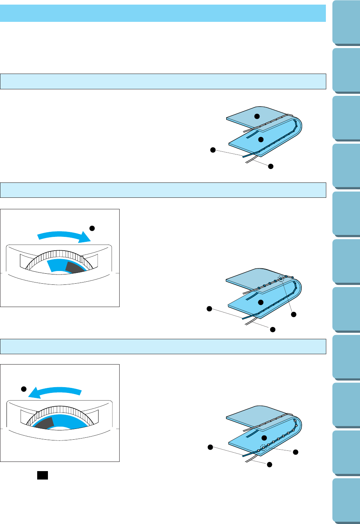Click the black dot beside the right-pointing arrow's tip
(x=92, y=228)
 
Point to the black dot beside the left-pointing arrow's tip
(x=23, y=389)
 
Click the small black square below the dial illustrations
(x=42, y=475)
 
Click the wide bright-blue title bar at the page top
(x=163, y=13)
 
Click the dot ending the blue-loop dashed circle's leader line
(x=294, y=315)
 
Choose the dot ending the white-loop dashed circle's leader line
(x=295, y=453)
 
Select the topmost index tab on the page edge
(x=345, y=23)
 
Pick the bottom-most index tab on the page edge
(x=345, y=500)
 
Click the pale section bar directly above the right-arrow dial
(x=163, y=190)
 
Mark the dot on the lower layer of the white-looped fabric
(x=264, y=438)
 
